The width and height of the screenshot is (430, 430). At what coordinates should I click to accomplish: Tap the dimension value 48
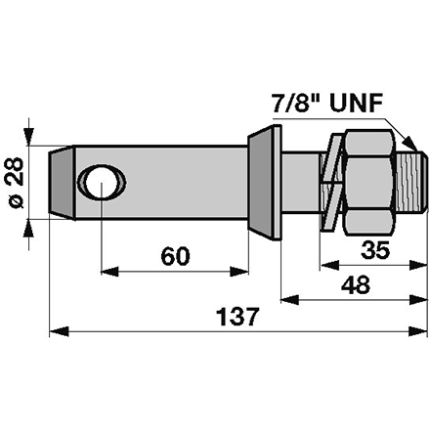click(357, 285)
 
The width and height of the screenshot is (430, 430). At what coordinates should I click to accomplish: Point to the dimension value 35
click(374, 250)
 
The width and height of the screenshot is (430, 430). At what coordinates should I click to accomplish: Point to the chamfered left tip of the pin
click(58, 182)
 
